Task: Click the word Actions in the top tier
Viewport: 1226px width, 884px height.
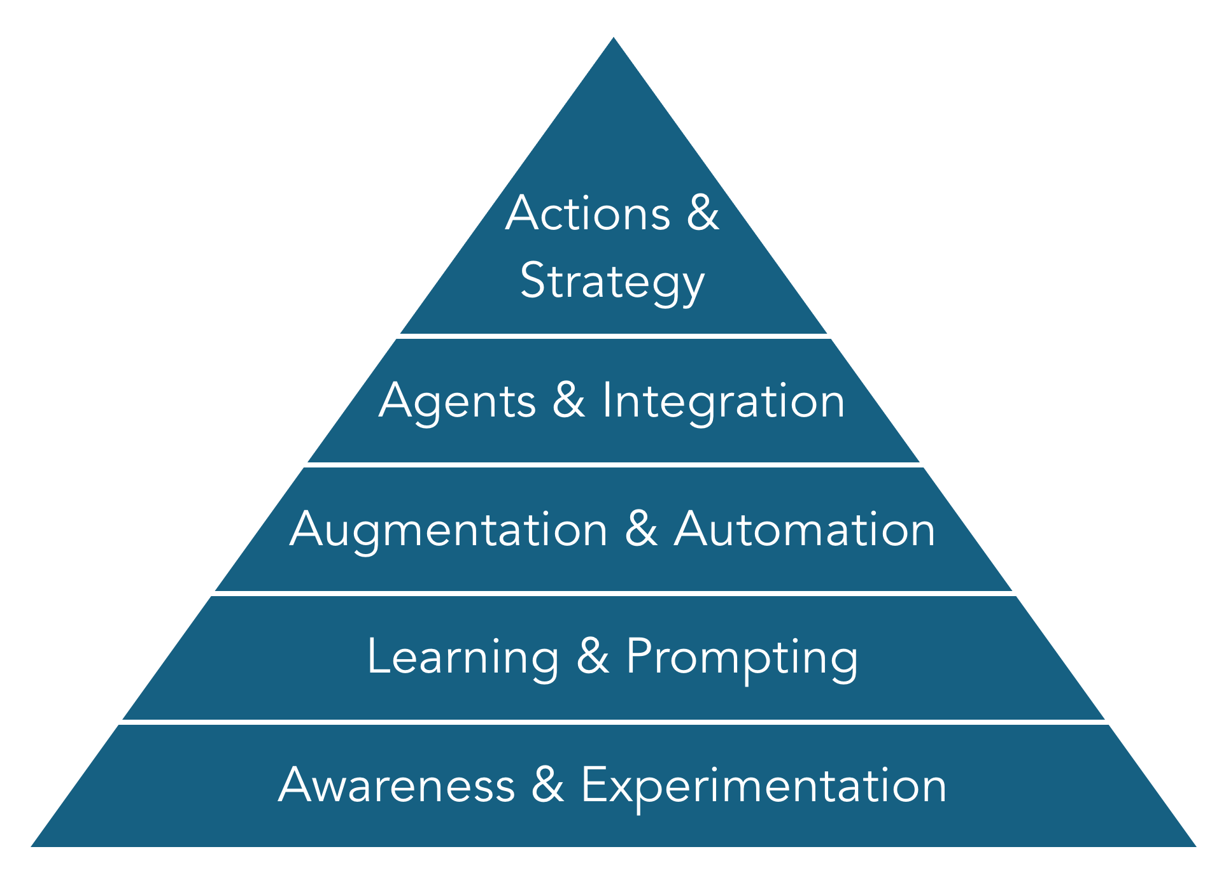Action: pyautogui.click(x=588, y=213)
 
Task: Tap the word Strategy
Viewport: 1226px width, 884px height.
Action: pyautogui.click(x=612, y=281)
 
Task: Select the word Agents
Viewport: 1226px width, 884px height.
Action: pyautogui.click(x=457, y=401)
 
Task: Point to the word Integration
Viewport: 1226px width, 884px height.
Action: pyautogui.click(x=723, y=401)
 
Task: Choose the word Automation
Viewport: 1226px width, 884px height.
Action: pyautogui.click(x=805, y=530)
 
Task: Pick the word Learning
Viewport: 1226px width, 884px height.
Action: pyautogui.click(x=463, y=657)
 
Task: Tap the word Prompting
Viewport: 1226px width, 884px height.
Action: pyautogui.click(x=742, y=657)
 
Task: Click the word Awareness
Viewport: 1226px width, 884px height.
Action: pyautogui.click(x=397, y=785)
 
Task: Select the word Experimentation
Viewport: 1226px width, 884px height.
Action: pyautogui.click(x=763, y=785)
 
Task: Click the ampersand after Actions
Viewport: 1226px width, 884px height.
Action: pyautogui.click(x=703, y=213)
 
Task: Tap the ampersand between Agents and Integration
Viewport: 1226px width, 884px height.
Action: pyautogui.click(x=568, y=401)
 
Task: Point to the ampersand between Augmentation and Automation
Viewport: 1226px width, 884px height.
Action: pyautogui.click(x=641, y=530)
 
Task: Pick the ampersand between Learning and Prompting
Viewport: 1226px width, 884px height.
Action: pyautogui.click(x=593, y=657)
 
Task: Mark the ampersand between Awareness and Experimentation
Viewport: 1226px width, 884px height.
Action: pyautogui.click(x=548, y=785)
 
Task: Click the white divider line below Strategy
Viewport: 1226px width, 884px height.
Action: pyautogui.click(x=613, y=336)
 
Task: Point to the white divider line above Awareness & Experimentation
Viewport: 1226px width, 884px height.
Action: pyautogui.click(x=613, y=722)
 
